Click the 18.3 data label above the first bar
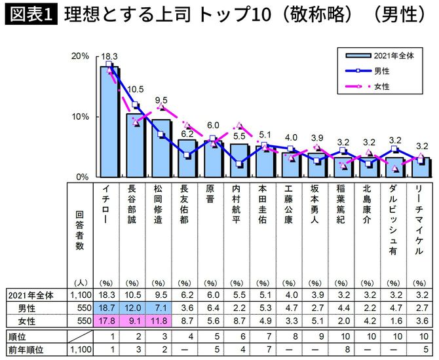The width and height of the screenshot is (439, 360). [x=109, y=57]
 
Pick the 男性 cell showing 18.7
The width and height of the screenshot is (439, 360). [x=107, y=308]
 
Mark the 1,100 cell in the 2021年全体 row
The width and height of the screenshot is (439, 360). [x=79, y=295]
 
